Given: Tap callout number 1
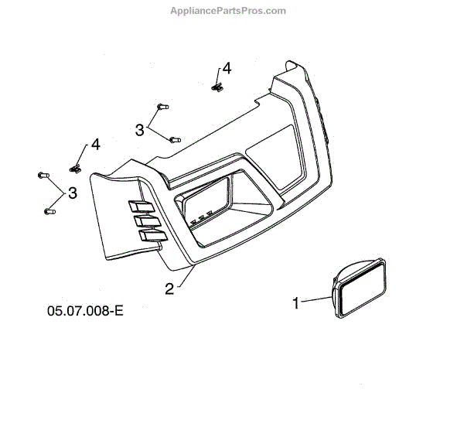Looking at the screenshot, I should (x=295, y=304).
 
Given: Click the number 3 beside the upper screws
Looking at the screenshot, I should (x=140, y=131).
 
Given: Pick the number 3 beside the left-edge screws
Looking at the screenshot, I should (x=72, y=193).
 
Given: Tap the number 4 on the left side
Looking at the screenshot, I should (x=95, y=145).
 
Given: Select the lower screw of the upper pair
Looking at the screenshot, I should (x=174, y=140).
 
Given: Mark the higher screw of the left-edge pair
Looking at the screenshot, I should (x=43, y=176).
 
